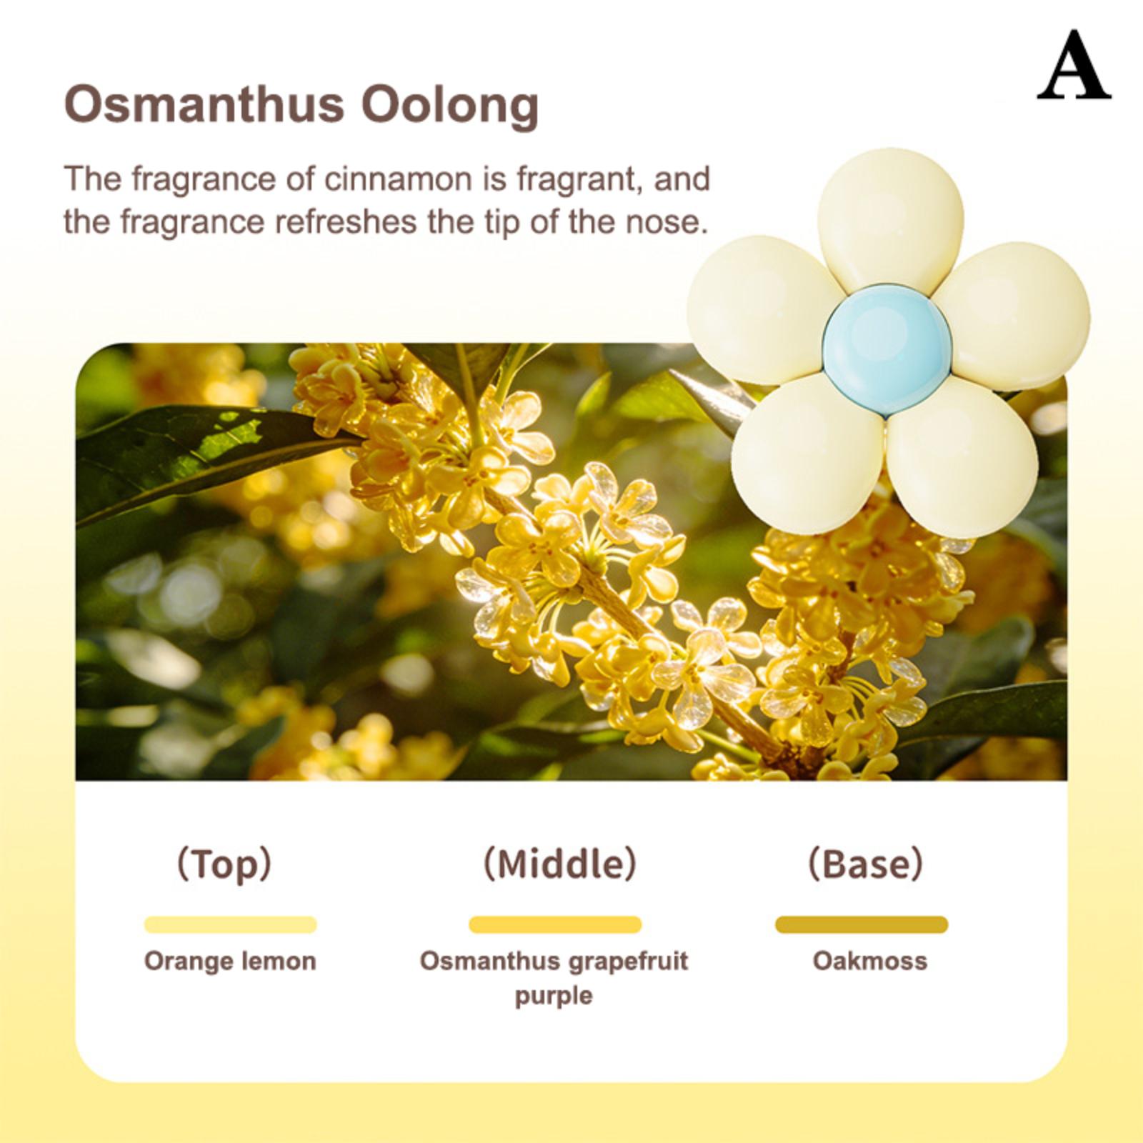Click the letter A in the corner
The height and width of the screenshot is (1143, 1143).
pos(1074,66)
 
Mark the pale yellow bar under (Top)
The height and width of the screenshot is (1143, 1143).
pos(230,924)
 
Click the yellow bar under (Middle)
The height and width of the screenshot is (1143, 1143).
pos(555,924)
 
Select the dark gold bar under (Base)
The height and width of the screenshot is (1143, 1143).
pos(862,924)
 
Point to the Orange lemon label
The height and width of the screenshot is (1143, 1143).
pos(230,962)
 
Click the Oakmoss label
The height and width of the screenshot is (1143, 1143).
pos(869,961)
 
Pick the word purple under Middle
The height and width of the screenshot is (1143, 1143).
pos(554,997)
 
